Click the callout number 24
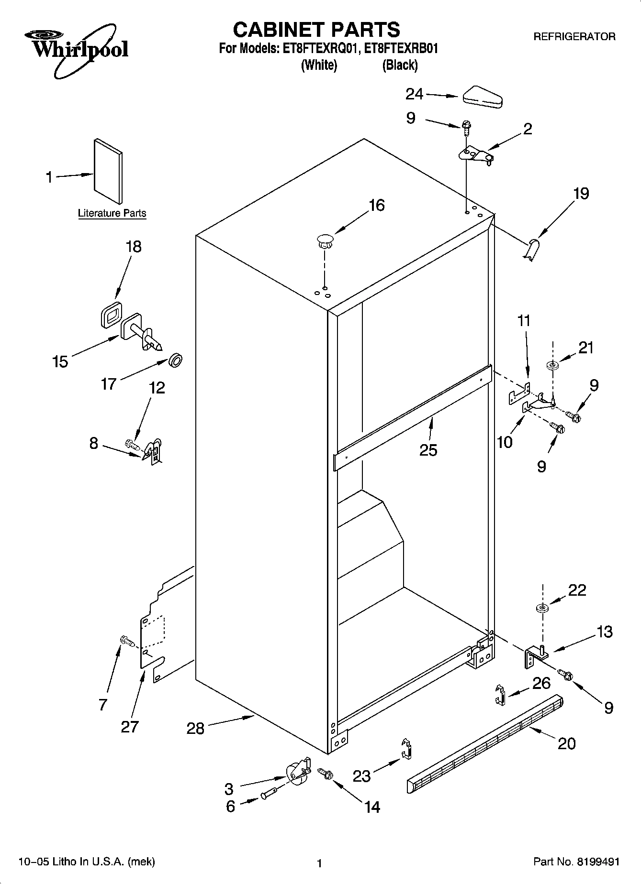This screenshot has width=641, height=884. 414,94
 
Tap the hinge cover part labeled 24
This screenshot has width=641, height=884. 482,96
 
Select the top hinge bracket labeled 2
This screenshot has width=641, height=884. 475,155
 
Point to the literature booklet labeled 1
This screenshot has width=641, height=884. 108,171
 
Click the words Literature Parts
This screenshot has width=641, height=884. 112,213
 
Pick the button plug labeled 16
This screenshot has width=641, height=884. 325,240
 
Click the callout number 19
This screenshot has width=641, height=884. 581,194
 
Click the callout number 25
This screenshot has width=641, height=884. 428,450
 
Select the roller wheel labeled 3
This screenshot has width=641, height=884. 297,772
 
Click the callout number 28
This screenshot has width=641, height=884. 196,728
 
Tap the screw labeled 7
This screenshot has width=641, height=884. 127,641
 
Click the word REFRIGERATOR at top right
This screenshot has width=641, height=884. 574,36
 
